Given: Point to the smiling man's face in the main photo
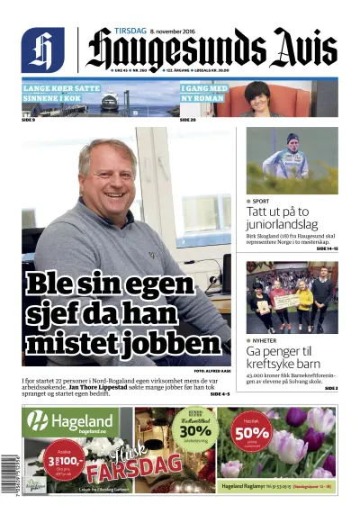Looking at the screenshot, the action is pos(107,173).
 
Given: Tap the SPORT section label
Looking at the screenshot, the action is pos(260,201).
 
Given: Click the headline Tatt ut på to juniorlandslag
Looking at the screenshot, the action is pos(290,219).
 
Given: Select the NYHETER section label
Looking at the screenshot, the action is pos(265,340).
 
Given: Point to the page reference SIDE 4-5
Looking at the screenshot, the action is pos(220,393).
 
